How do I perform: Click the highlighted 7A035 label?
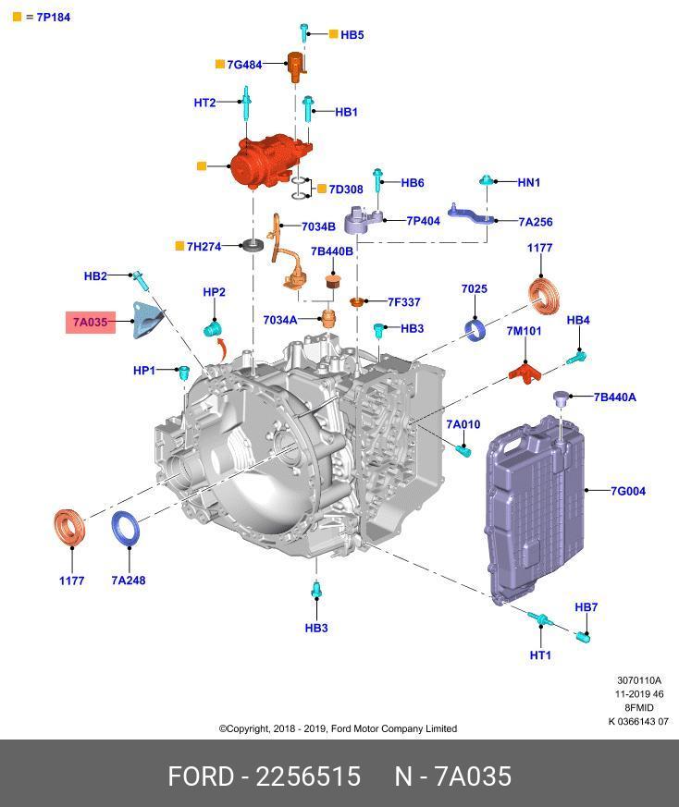pyautogui.click(x=90, y=323)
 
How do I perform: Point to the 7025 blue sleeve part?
pyautogui.click(x=475, y=330)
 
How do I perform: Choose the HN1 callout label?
pyautogui.click(x=528, y=182)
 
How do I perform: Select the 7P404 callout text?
pyautogui.click(x=423, y=221)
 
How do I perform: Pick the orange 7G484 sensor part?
pyautogui.click(x=296, y=67)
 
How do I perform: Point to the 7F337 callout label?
pyautogui.click(x=404, y=302)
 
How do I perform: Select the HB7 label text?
pyautogui.click(x=586, y=607)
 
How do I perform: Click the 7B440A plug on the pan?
pyautogui.click(x=560, y=397)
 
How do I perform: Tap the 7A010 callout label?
pyautogui.click(x=463, y=424)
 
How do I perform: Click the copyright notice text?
pyautogui.click(x=338, y=728)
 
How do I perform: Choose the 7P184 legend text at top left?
pyautogui.click(x=53, y=17)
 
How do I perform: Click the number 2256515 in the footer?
pyautogui.click(x=308, y=776)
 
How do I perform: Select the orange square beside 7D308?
pyautogui.click(x=322, y=189)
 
